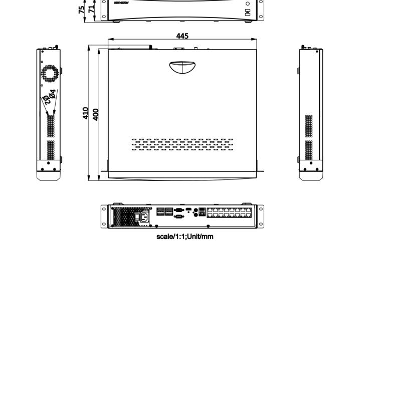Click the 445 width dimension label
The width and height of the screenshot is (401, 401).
pos(182,36)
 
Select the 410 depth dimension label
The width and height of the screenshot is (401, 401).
pos(86,113)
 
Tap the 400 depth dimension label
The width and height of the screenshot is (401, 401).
pos(96,114)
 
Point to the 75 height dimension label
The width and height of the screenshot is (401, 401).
pos(82,10)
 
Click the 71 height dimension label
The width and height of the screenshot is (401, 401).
pos(91,9)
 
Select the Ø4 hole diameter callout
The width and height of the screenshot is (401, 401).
pos(53,93)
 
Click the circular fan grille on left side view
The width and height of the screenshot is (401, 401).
pos(50,73)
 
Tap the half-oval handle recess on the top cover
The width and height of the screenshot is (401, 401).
pos(182,67)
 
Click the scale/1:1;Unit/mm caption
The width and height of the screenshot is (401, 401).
pos(184,236)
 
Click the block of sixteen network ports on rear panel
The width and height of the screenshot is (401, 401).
pos(229,212)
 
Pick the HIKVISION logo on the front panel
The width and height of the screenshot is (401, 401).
pos(121,3)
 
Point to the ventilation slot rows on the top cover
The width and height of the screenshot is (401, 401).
pos(182,144)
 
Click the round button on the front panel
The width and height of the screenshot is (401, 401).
pos(248,4)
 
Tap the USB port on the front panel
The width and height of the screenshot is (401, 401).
pos(248,11)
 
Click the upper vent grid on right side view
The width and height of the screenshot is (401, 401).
pos(309,126)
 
